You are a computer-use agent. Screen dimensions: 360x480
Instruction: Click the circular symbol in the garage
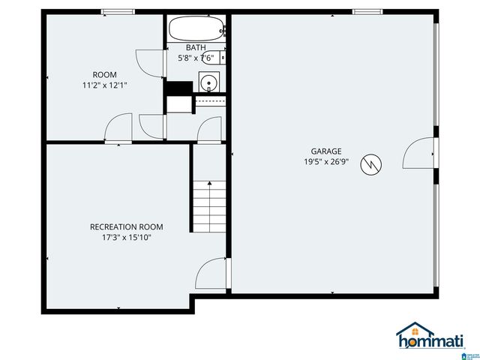370,165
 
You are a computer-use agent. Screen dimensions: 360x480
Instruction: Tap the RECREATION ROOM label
126,227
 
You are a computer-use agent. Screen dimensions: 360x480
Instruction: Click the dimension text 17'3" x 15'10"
126,237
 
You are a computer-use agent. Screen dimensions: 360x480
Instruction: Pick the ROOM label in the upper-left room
104,74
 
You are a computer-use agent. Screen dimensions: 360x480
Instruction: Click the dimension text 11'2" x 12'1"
104,85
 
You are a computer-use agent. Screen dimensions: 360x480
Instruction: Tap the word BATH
196,47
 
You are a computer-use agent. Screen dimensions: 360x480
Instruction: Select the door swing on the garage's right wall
418,154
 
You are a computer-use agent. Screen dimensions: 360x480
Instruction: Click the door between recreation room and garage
211,273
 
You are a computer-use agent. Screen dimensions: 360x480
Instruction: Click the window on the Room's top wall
118,11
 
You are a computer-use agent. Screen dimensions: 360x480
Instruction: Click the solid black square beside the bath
178,87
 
